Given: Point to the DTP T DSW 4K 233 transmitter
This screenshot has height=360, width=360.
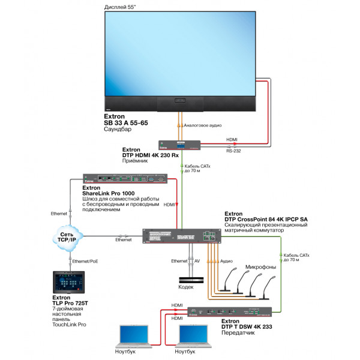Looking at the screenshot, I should tap(229, 312).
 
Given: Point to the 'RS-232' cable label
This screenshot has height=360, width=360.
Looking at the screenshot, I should tap(233, 151).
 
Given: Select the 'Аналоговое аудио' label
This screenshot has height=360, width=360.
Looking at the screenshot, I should tap(202, 126).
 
